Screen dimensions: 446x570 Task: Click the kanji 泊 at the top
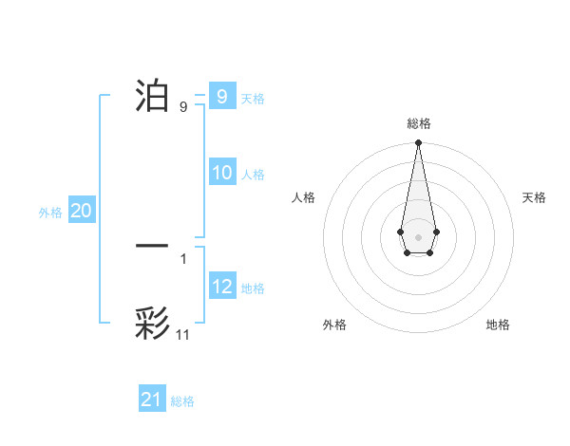(x=152, y=95)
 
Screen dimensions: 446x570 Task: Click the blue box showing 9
(x=221, y=96)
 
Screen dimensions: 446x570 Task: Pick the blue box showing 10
(x=222, y=173)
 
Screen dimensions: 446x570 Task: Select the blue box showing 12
(x=222, y=287)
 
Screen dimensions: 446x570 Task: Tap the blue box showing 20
(x=82, y=212)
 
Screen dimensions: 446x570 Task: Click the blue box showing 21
(x=152, y=400)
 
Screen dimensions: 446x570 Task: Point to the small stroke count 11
(x=183, y=335)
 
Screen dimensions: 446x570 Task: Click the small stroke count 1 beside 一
(x=183, y=258)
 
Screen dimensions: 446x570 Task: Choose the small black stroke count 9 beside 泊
(x=183, y=107)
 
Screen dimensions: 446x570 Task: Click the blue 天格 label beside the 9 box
(x=253, y=98)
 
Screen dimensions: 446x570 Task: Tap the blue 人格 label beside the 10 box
(x=253, y=175)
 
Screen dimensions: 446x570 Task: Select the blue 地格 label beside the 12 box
(x=253, y=288)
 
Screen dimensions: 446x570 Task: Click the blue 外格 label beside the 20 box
(x=50, y=214)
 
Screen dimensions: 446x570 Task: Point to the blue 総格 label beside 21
(x=182, y=401)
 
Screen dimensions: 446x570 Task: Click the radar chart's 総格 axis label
(x=418, y=123)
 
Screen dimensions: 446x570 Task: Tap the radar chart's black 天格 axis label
(x=534, y=197)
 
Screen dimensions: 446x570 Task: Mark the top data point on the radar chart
(x=418, y=142)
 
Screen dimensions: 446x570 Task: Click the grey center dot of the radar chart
(x=418, y=236)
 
